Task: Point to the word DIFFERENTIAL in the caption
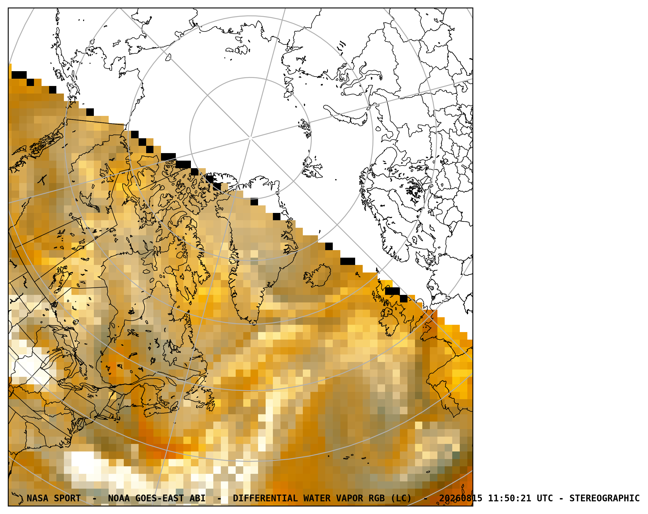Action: [265, 498]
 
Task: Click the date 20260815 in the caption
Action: [461, 498]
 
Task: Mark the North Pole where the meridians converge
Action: [251, 138]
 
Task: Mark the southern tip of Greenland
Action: [254, 324]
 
